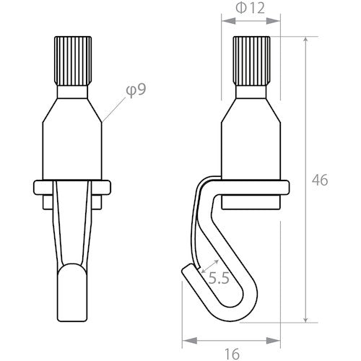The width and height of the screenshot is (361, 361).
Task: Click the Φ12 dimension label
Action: (x=249, y=8)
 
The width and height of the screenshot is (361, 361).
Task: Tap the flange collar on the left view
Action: (x=72, y=189)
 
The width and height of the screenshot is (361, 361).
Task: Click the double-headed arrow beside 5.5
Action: (x=209, y=260)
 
